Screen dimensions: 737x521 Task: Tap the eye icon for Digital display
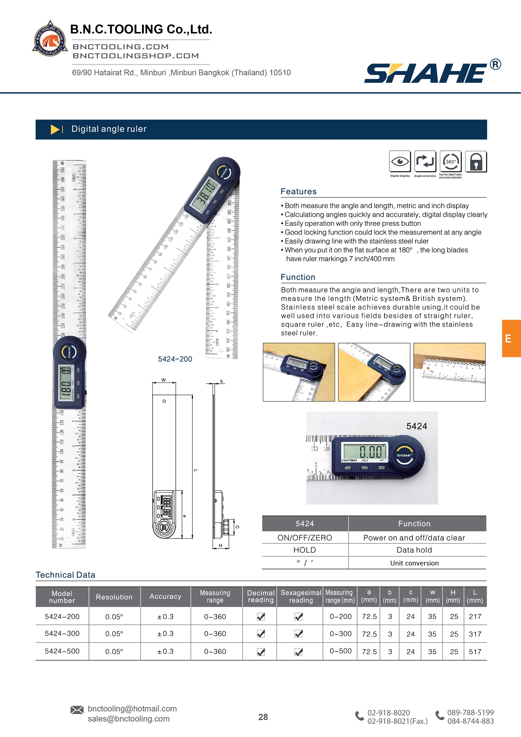[x=400, y=162]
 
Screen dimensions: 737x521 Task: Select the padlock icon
[x=476, y=162]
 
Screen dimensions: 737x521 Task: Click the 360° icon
[x=450, y=162]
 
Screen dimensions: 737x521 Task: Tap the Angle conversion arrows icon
[x=425, y=162]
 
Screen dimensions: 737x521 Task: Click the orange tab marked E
[x=511, y=338]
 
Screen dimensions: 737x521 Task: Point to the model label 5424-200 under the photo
[x=175, y=359]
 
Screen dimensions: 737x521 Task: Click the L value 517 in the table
[x=475, y=652]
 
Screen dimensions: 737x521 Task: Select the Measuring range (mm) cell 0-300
[x=340, y=634]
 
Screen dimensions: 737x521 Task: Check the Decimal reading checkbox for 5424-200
[x=261, y=617]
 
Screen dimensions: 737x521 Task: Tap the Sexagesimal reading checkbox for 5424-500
[x=299, y=652]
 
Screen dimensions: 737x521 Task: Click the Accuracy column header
[x=165, y=597]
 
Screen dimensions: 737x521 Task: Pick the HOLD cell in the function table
[x=305, y=550]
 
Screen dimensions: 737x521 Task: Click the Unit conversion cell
[x=414, y=563]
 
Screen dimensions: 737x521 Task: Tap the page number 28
[x=263, y=717]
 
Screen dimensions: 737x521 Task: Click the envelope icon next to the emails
[x=77, y=710]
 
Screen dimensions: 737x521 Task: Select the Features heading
[x=298, y=191]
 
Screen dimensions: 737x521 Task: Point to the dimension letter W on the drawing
[x=164, y=380]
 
